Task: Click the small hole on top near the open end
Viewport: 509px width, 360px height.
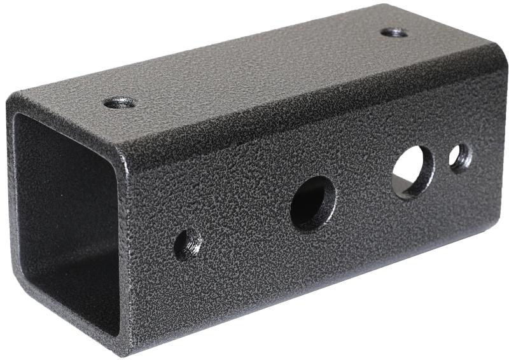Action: [119, 102]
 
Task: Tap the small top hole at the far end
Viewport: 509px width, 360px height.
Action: [394, 32]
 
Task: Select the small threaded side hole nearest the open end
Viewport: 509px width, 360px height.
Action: [188, 244]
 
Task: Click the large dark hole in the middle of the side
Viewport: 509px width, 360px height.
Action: [313, 203]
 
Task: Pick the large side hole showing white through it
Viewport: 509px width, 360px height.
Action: [412, 170]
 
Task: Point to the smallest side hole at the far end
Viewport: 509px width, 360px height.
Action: [461, 158]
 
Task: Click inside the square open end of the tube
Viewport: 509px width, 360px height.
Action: [64, 216]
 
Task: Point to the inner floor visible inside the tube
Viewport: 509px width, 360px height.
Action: [70, 299]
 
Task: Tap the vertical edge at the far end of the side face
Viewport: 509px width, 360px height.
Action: [503, 146]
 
